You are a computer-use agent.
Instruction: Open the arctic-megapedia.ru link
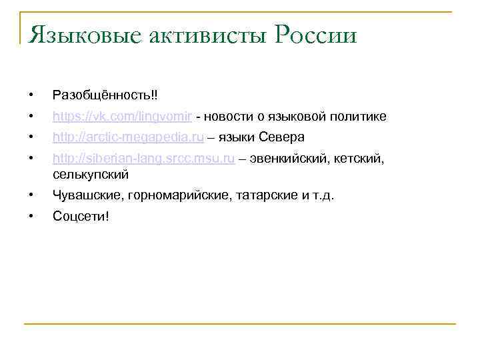(x=129, y=137)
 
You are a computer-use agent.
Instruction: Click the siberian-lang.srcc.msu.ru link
(x=143, y=160)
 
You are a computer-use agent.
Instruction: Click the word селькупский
(x=90, y=175)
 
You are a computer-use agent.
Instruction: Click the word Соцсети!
(x=81, y=218)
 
